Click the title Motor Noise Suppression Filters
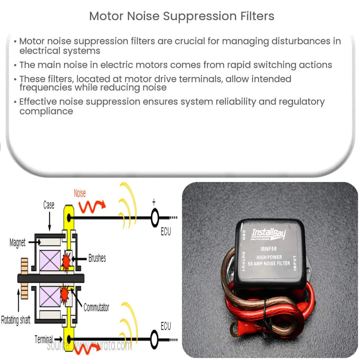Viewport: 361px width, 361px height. tap(182, 16)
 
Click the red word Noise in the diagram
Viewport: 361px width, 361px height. tap(80, 193)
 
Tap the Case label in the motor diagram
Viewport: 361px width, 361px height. tap(49, 205)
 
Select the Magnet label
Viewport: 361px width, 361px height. tap(17, 243)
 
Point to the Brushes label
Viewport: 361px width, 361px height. tap(97, 258)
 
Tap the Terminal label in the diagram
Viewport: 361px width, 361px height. tap(43, 339)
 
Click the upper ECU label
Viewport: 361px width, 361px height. tap(166, 232)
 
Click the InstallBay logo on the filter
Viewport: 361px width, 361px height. tap(269, 234)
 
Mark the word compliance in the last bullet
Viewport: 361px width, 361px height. tap(46, 111)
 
